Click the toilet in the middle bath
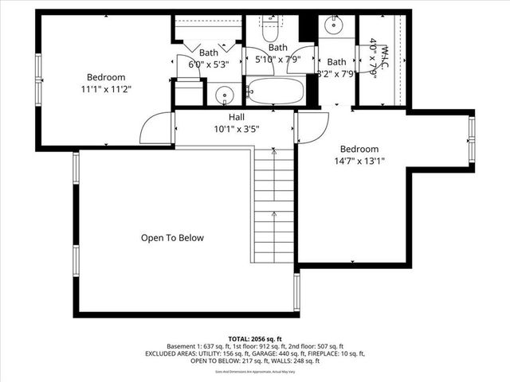tap(269, 32)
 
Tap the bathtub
tap(275, 92)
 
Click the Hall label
tap(237, 117)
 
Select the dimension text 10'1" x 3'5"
tap(237, 128)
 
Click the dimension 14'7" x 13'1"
tap(359, 160)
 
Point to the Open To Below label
tap(172, 238)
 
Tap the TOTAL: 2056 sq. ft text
tap(255, 338)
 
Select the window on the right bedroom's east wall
tap(472, 138)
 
